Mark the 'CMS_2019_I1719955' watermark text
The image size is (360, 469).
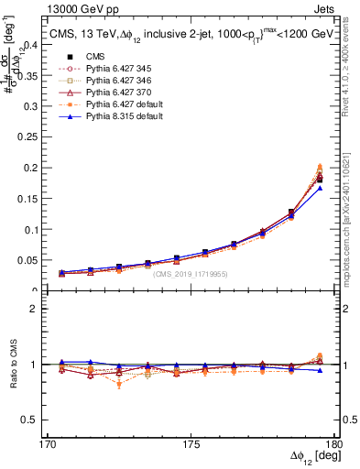191,274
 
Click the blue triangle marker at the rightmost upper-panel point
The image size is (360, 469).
320,188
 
